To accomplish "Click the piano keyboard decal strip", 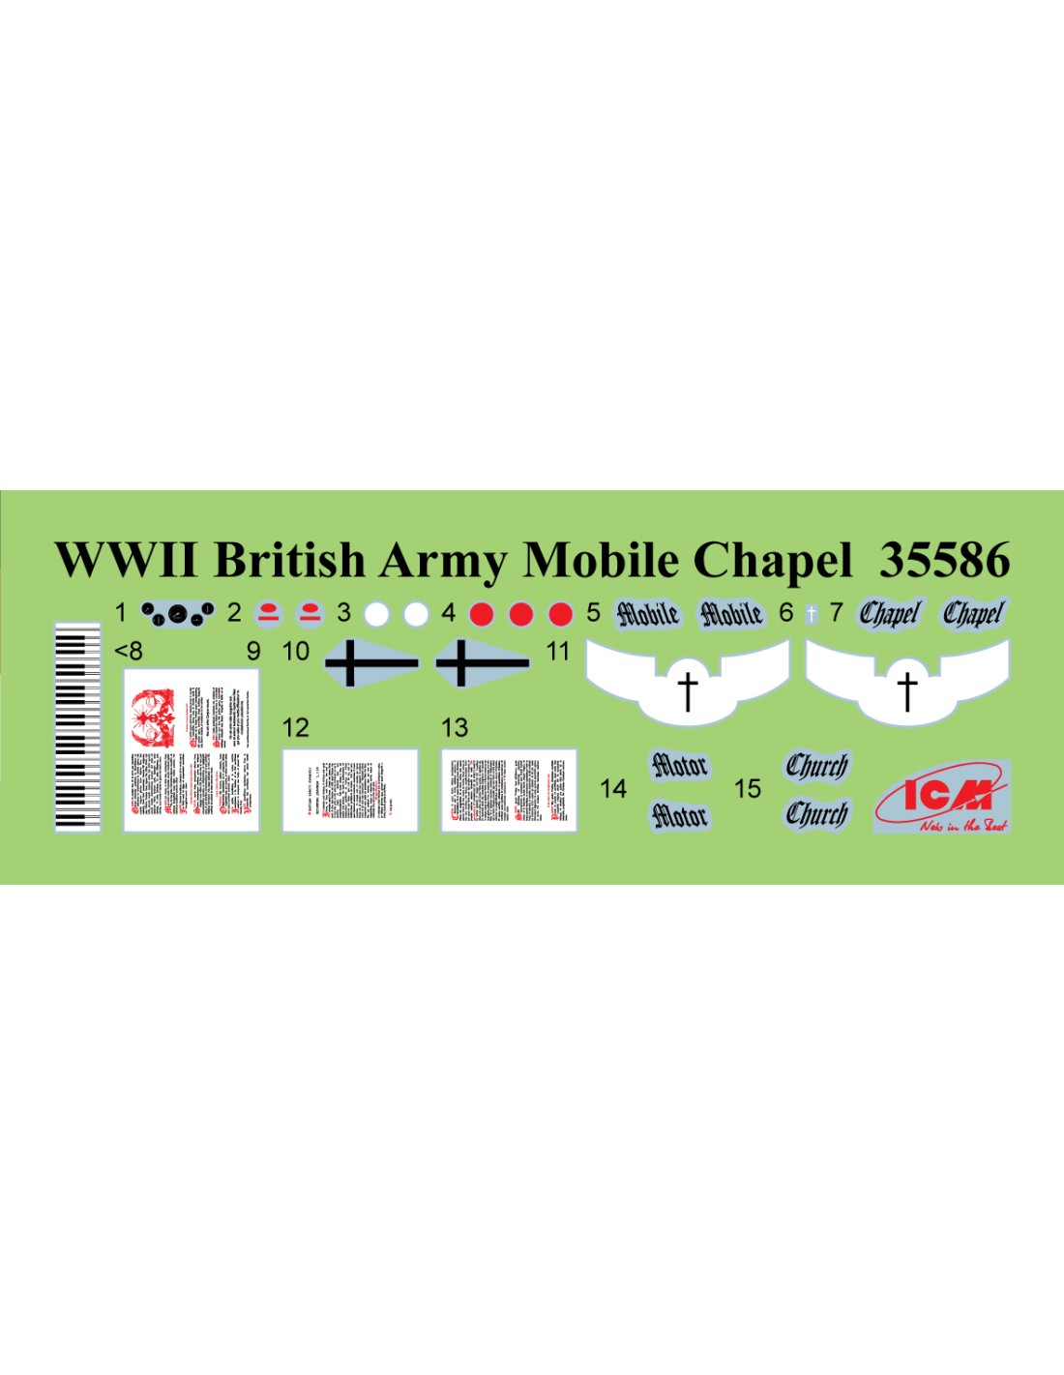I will pyautogui.click(x=77, y=726).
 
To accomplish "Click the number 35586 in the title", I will pyautogui.click(x=944, y=560).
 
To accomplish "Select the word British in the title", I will pyautogui.click(x=289, y=560).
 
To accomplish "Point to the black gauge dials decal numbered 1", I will pyautogui.click(x=177, y=613).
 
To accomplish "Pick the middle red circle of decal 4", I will pyautogui.click(x=520, y=614).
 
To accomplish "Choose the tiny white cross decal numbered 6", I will pyautogui.click(x=811, y=614).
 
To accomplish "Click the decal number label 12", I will pyautogui.click(x=295, y=727).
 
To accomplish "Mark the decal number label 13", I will pyautogui.click(x=455, y=727).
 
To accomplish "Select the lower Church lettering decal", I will pyautogui.click(x=816, y=814).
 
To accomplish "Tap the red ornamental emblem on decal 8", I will pyautogui.click(x=154, y=717).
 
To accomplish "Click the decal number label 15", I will pyautogui.click(x=747, y=789).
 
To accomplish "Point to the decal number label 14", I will pyautogui.click(x=613, y=789).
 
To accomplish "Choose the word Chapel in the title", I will pyautogui.click(x=773, y=560).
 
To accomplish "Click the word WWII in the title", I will pyautogui.click(x=126, y=560).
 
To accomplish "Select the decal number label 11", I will pyautogui.click(x=558, y=652).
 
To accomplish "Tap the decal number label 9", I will pyautogui.click(x=253, y=652).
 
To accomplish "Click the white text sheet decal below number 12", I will pyautogui.click(x=350, y=790).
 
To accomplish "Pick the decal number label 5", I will pyautogui.click(x=593, y=613).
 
